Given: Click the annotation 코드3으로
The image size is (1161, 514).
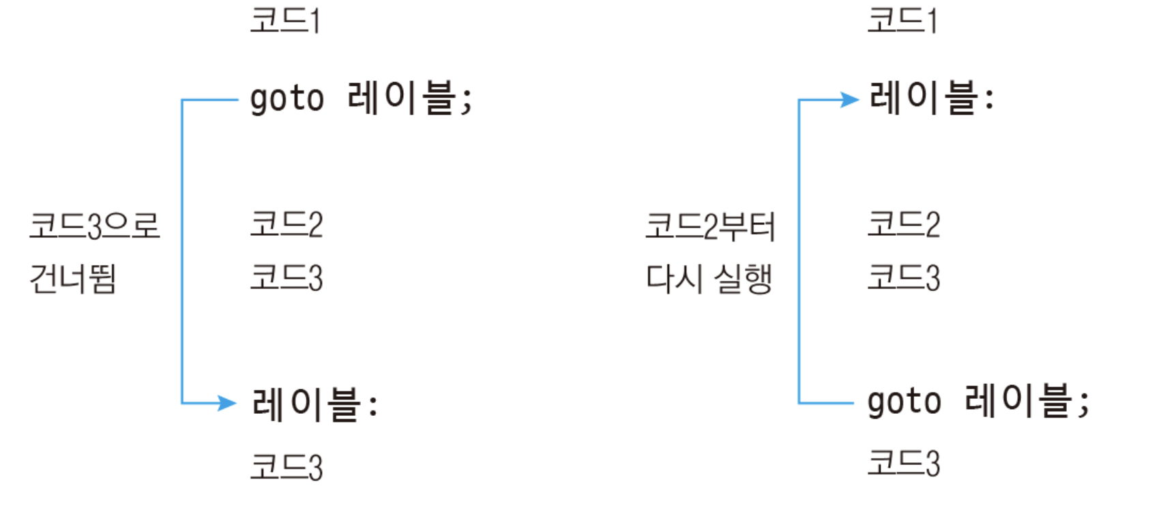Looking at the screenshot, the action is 94,226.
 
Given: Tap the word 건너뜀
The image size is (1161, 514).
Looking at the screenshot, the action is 73,279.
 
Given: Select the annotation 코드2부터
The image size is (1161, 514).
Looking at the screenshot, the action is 710,226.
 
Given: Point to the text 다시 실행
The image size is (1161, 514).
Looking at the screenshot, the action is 709,279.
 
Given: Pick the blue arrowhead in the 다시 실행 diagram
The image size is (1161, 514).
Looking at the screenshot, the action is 850,100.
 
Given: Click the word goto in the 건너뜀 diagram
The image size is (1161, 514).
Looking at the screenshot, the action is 286,100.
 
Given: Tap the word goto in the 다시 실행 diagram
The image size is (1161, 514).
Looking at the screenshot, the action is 904,402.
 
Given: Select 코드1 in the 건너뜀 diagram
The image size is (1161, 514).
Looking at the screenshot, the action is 285,20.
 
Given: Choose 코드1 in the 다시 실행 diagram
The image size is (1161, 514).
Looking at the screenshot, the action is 902,20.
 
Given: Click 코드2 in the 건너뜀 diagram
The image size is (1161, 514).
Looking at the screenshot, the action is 286,224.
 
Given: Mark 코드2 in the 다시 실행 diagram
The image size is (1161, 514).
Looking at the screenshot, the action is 904,224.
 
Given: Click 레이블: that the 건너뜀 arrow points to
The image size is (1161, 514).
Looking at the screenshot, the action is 314,404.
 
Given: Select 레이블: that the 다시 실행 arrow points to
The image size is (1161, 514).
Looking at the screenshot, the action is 931,98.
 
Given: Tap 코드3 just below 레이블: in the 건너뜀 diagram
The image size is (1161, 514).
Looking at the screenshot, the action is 286,468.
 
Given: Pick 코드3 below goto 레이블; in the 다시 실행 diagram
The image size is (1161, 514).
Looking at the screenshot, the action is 904,463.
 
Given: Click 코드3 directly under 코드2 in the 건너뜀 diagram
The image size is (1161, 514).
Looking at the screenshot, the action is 286,278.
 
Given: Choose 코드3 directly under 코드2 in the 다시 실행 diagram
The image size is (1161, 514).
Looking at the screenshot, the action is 904,278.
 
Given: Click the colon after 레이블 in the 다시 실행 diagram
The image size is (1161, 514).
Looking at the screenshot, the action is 989,100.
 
